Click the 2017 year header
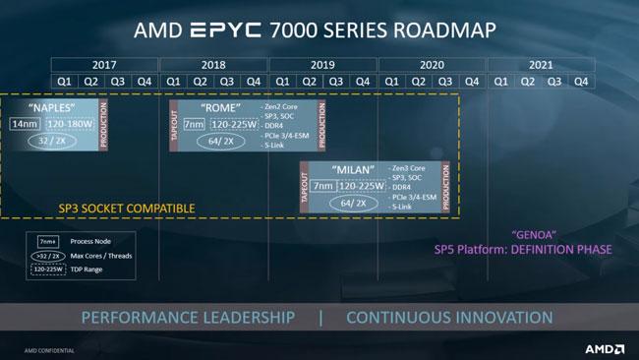pyautogui.click(x=105, y=65)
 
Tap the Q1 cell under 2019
pyautogui.click(x=282, y=82)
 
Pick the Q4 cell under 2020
pyautogui.click(x=473, y=82)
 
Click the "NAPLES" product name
pyautogui.click(x=54, y=106)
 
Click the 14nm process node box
pyautogui.click(x=25, y=125)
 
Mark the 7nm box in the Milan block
pyautogui.click(x=322, y=185)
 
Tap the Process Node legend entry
pyautogui.click(x=79, y=240)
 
